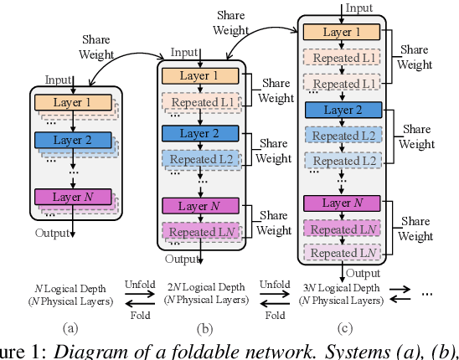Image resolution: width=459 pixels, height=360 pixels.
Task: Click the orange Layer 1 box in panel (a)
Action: (x=73, y=103)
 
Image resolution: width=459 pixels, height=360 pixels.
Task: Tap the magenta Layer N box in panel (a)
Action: (x=73, y=198)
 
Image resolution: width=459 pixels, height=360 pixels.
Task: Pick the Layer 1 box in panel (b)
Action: (x=199, y=76)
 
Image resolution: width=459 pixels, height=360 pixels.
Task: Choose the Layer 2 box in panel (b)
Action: (x=199, y=133)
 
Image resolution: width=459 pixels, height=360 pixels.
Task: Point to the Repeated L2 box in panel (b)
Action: (x=204, y=159)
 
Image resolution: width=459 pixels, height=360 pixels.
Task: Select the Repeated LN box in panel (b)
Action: (x=204, y=232)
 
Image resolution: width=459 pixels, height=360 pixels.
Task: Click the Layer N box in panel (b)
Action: (x=199, y=206)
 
